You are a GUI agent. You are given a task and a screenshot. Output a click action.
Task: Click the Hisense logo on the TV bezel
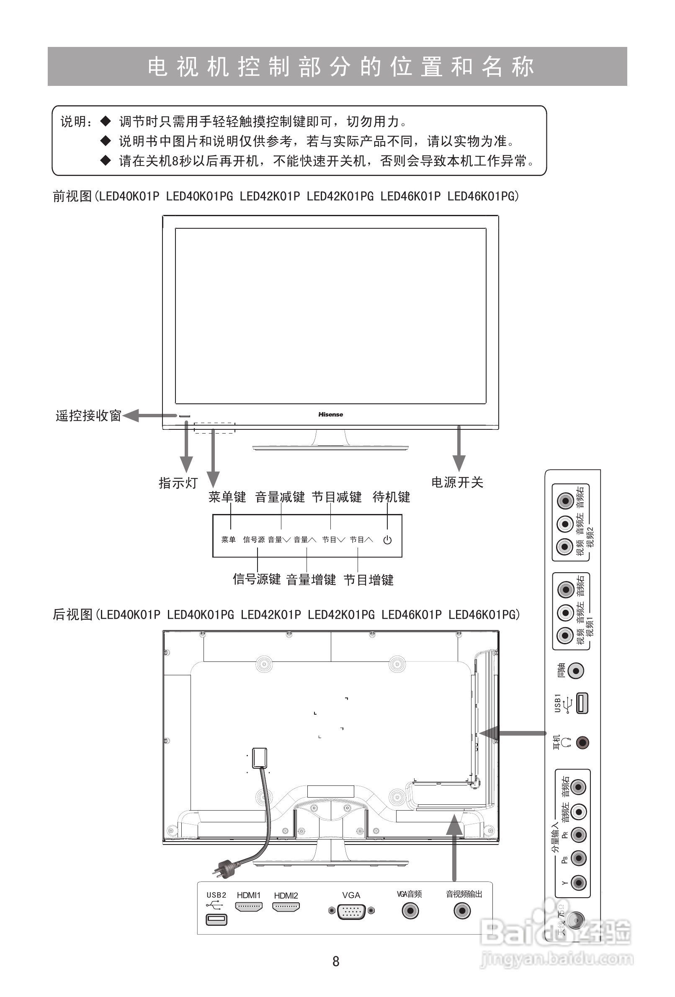pyautogui.click(x=330, y=414)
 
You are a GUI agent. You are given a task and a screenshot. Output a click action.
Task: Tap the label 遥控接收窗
pyautogui.click(x=88, y=416)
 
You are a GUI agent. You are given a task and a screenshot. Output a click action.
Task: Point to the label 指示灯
pyautogui.click(x=178, y=483)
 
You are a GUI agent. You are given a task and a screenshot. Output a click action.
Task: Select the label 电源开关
pyautogui.click(x=457, y=483)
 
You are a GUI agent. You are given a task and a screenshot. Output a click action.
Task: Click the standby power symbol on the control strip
pyautogui.click(x=387, y=540)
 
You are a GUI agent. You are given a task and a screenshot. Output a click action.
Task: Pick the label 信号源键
pyautogui.click(x=256, y=579)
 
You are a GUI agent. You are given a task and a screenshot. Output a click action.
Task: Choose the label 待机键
pyautogui.click(x=391, y=497)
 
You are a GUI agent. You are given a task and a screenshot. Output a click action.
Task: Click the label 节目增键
pyautogui.click(x=368, y=580)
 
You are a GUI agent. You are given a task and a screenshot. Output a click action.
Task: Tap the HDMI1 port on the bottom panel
pyautogui.click(x=249, y=907)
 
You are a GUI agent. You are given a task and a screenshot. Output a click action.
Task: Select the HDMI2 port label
pyautogui.click(x=286, y=896)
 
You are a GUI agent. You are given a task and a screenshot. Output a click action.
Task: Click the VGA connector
pyautogui.click(x=351, y=911)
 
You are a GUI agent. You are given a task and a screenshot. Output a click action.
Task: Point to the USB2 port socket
pyautogui.click(x=216, y=920)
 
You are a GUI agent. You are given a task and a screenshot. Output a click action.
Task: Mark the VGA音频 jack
pyautogui.click(x=410, y=910)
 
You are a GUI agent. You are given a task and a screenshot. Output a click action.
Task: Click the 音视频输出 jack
pyautogui.click(x=462, y=910)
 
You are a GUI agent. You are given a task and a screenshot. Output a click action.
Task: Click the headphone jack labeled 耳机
pyautogui.click(x=582, y=742)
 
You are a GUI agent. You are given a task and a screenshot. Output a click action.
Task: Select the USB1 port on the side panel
pyautogui.click(x=582, y=703)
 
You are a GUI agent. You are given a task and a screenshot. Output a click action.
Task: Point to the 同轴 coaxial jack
pyautogui.click(x=576, y=671)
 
